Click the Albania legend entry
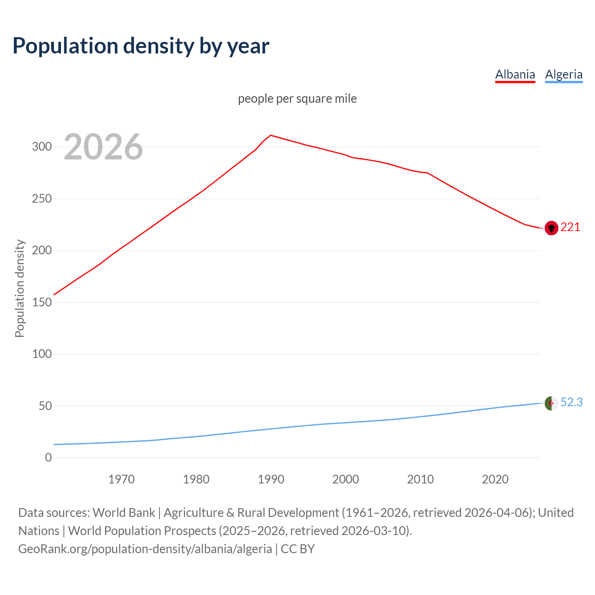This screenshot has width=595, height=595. [x=515, y=74]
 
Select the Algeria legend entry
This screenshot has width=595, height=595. [x=563, y=74]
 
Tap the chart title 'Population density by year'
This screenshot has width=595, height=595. [x=141, y=46]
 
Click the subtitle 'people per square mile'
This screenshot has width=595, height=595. [x=297, y=99]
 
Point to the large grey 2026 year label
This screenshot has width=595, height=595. [x=103, y=147]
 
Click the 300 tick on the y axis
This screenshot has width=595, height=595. [x=41, y=147]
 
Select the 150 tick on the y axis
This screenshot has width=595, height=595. [x=41, y=302]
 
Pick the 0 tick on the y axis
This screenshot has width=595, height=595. [x=48, y=458]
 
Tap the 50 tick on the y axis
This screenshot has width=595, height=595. [x=45, y=406]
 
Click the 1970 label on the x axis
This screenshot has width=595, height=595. [x=121, y=479]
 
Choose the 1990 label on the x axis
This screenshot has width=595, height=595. [x=271, y=479]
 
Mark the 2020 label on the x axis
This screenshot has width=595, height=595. [x=495, y=479]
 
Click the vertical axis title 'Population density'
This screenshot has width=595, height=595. [x=20, y=288]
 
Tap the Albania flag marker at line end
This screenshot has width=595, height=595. [x=551, y=228]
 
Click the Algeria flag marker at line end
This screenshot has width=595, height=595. [x=551, y=403]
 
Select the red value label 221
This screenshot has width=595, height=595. [x=570, y=227]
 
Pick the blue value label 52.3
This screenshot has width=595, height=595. [x=571, y=402]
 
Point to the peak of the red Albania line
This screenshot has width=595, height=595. [x=271, y=135]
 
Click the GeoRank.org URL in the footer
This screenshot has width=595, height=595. [x=145, y=549]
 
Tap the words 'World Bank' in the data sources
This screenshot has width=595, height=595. [x=124, y=513]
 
